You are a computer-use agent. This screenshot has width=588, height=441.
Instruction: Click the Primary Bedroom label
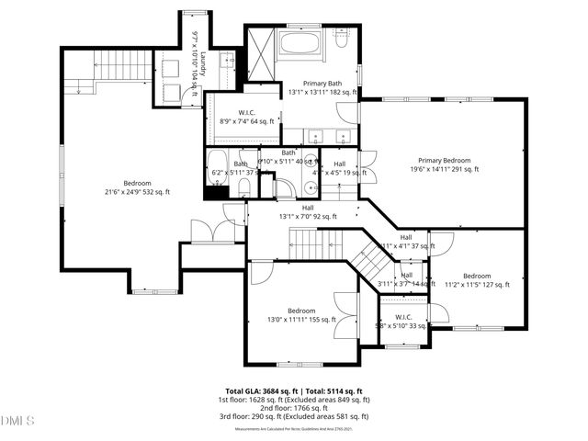click(444, 159)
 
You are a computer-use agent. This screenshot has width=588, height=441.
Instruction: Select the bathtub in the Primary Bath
click(309, 42)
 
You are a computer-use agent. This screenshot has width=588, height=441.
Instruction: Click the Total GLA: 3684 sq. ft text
click(261, 391)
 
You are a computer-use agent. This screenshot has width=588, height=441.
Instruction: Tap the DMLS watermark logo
click(17, 421)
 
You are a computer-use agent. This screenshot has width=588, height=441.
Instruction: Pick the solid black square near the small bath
click(213, 192)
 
